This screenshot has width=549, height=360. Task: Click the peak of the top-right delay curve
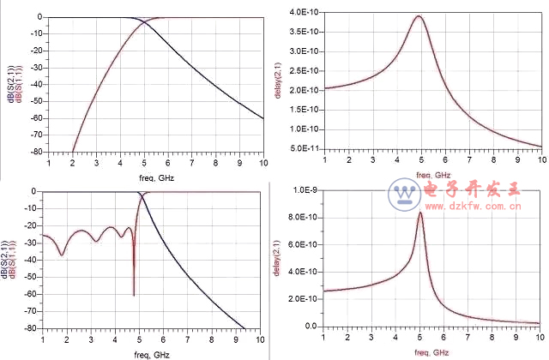(419, 16)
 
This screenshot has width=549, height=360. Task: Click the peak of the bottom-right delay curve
(420, 213)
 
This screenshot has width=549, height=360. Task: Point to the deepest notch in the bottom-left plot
(134, 295)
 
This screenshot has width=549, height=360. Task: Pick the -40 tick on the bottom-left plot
(35, 260)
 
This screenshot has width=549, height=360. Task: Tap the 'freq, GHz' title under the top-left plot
(155, 175)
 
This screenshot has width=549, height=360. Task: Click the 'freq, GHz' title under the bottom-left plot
(155, 354)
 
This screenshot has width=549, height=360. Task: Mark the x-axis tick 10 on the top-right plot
(541, 161)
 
